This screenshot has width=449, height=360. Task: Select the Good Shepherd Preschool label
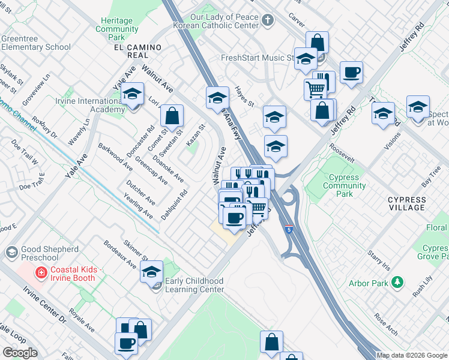tap(49, 254)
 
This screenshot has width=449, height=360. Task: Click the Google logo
tap(20, 353)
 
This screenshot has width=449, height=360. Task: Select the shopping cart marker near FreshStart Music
tap(315, 89)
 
